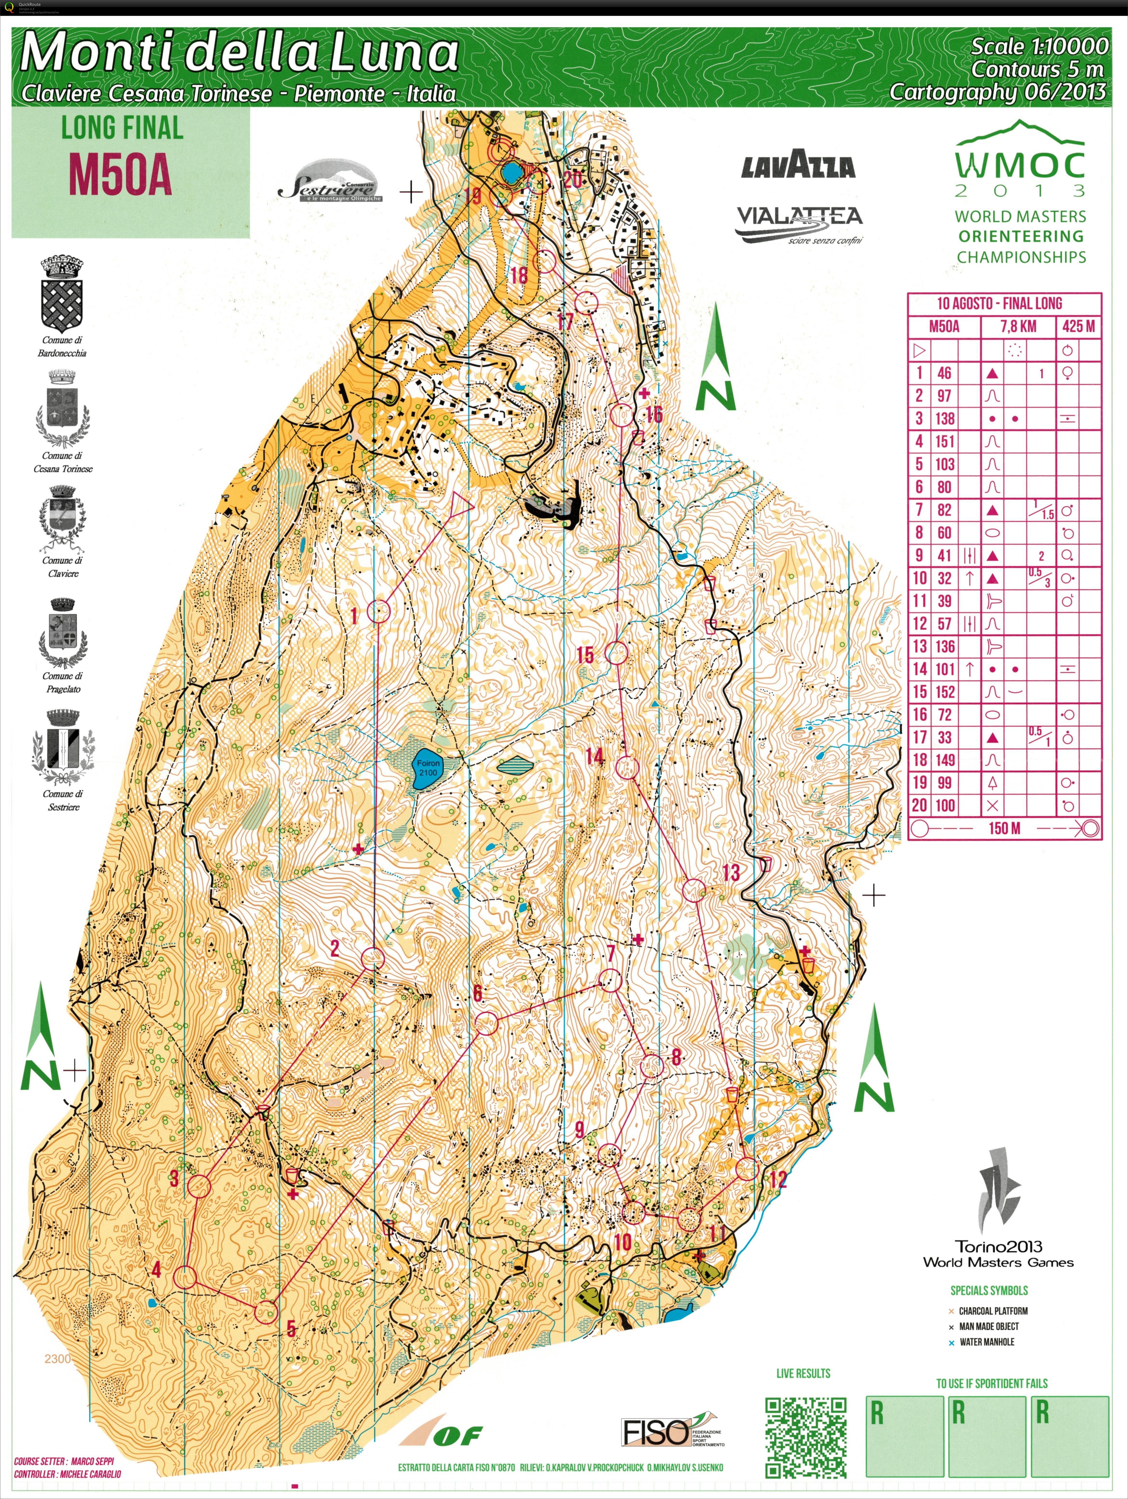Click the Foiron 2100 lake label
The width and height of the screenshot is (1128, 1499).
(x=428, y=768)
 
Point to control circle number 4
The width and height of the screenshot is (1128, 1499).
(x=185, y=1277)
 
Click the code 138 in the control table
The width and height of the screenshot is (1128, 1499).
(x=945, y=419)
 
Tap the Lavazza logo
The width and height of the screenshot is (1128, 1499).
(x=798, y=165)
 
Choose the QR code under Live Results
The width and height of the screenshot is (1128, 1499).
(x=806, y=1437)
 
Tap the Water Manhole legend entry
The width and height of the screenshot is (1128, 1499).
(x=986, y=1342)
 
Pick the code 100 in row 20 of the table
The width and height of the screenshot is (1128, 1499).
(x=945, y=806)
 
